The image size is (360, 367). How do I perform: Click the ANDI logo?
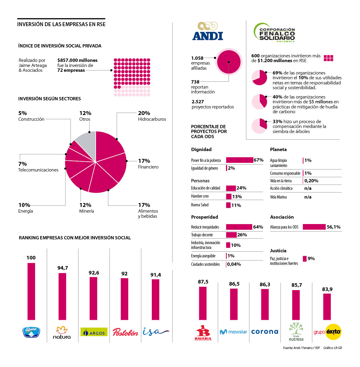click(208, 32)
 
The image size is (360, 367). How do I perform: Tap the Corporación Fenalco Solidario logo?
click(274, 32)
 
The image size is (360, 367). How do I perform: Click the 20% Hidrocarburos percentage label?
click(144, 113)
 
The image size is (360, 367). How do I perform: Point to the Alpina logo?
click(31, 332)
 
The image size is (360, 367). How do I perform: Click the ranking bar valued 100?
click(31, 291)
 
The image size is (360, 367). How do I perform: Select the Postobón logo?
click(125, 332)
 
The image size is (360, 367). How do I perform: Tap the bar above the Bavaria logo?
click(203, 303)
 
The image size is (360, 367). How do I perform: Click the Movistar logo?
click(233, 332)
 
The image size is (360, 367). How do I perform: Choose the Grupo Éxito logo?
click(328, 332)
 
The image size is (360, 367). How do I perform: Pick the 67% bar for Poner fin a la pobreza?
click(239, 160)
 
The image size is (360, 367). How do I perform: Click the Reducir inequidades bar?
click(239, 227)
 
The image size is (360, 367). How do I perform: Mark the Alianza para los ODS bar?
click(314, 227)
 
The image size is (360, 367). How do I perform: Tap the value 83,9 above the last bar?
click(327, 289)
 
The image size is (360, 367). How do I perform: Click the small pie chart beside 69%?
click(259, 77)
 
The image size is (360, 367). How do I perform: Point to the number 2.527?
click(198, 102)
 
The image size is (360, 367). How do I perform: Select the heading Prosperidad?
click(205, 217)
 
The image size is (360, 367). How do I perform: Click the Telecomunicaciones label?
click(38, 170)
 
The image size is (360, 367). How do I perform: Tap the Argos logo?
click(94, 332)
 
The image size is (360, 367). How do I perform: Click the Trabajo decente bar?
click(231, 235)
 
